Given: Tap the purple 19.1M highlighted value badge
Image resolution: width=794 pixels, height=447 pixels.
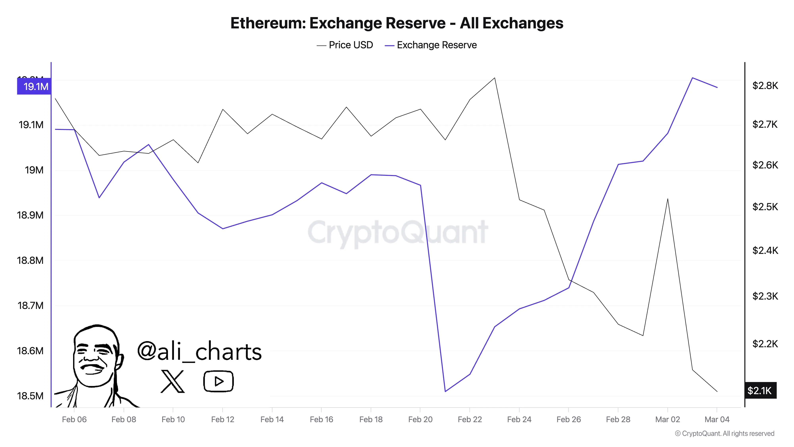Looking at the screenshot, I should (x=34, y=86).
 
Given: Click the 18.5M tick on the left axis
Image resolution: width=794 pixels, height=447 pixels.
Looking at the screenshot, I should (x=30, y=396).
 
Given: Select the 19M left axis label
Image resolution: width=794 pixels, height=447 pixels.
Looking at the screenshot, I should (x=34, y=170).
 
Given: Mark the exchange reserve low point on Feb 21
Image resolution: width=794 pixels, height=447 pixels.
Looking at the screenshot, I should (x=445, y=391).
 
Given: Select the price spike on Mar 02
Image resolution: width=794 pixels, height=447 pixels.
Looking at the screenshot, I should (x=668, y=199).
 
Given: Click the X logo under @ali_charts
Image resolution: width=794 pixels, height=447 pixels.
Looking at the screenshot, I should (x=173, y=382).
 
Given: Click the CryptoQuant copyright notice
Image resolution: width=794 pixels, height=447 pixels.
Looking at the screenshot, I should (x=724, y=433).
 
